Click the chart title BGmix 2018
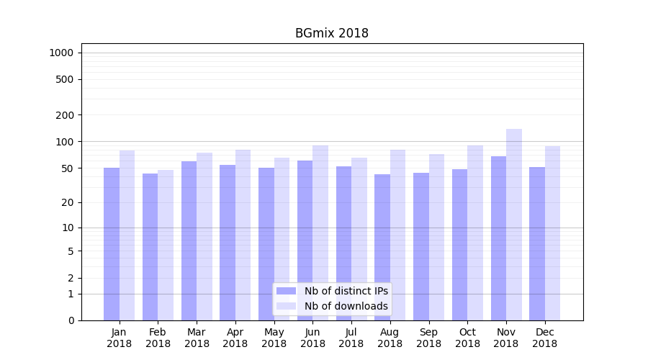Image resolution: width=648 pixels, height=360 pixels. tap(331, 33)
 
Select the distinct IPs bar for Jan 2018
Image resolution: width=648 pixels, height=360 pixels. tap(112, 244)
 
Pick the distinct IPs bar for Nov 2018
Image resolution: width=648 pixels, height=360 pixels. tap(498, 238)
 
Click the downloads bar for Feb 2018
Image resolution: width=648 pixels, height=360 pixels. tap(166, 245)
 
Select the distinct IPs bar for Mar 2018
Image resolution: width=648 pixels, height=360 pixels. tap(189, 240)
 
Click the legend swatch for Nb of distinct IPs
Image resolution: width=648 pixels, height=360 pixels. tap(286, 291)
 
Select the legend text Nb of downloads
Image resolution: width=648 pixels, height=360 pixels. tap(346, 306)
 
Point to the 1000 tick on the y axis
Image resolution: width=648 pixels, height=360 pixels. tap(61, 53)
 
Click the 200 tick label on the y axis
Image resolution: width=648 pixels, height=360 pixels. tap(64, 115)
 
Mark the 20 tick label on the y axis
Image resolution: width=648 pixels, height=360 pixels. tap(67, 202)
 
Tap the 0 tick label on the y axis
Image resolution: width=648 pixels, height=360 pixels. tap(71, 320)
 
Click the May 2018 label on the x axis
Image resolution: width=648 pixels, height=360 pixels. tap(274, 338)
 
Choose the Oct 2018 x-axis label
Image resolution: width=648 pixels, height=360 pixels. tap(467, 338)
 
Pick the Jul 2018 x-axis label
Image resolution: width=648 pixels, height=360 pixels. tap(351, 338)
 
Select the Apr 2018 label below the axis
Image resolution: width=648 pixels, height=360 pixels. tap(235, 338)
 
